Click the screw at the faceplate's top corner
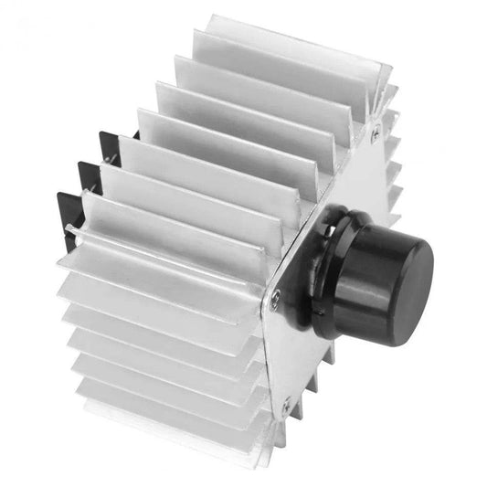tap(376, 133)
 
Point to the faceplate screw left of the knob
tap(275, 294)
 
